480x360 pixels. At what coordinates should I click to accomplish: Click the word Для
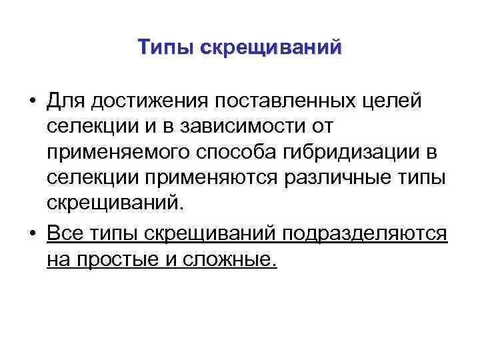(x=67, y=101)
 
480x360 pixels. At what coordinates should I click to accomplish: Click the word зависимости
(x=234, y=127)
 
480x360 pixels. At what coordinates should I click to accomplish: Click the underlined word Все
(x=65, y=234)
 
